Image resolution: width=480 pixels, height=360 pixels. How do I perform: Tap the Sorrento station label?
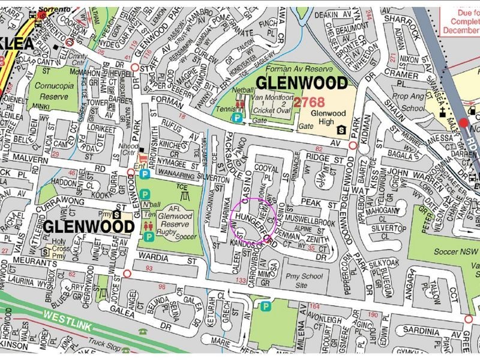pyautogui.click(x=55, y=4)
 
